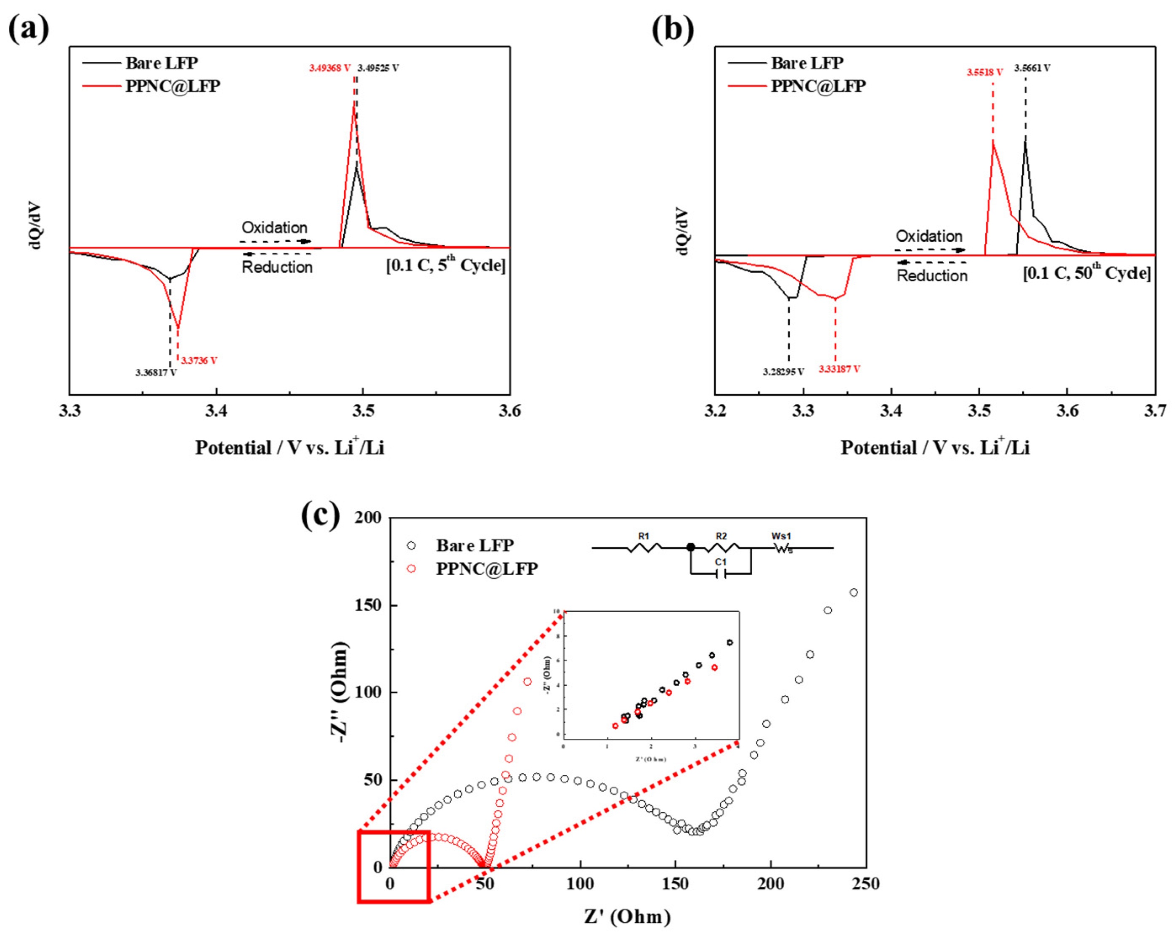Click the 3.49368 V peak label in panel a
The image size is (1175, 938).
pos(330,68)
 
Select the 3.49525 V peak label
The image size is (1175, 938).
pos(378,68)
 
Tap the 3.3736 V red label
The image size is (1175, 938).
pos(199,361)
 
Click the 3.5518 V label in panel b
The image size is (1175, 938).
pos(985,72)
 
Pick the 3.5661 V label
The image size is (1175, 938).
pos(1032,68)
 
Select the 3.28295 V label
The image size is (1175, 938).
pos(783,372)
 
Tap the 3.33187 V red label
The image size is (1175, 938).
pos(839,369)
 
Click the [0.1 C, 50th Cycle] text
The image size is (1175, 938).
pos(1087,272)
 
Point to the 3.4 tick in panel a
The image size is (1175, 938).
pos(216,410)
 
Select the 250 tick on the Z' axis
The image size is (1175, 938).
pos(865,883)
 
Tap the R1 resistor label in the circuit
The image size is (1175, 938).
pos(644,536)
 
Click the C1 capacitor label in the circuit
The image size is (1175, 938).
pos(721,562)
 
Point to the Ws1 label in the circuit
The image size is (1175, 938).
pos(781,536)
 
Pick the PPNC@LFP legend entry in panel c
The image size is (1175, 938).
pos(486,569)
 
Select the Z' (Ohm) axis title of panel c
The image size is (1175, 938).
pos(627,917)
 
